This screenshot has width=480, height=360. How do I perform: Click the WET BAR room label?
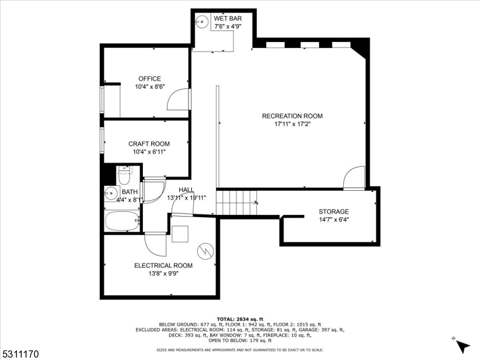[227, 19]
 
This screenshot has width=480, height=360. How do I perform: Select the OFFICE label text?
[149, 79]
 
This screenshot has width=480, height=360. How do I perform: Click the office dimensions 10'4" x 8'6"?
[149, 87]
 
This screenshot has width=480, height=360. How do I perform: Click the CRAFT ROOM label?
[149, 144]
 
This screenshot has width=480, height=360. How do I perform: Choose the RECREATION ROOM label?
[292, 116]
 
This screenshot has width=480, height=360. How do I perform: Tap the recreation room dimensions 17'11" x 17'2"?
[292, 125]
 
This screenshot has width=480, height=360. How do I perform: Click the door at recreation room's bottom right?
[354, 178]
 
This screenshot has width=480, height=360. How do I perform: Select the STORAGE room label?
[334, 211]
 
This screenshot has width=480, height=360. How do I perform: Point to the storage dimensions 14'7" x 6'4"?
[334, 220]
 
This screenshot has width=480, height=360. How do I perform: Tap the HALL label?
[187, 190]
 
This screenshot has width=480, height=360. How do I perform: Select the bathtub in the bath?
[122, 221]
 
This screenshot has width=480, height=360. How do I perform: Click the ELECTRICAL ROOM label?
[163, 265]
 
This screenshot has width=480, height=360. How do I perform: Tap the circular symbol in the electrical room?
[205, 250]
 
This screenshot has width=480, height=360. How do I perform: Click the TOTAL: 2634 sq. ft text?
[240, 319]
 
